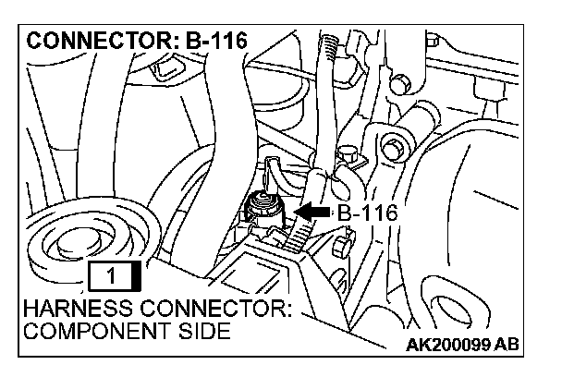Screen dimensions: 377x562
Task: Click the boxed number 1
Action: point(110,274)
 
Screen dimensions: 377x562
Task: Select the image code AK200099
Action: point(453,346)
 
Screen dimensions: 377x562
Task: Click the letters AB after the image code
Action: point(507,346)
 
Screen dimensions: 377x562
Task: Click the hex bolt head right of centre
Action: point(393,147)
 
